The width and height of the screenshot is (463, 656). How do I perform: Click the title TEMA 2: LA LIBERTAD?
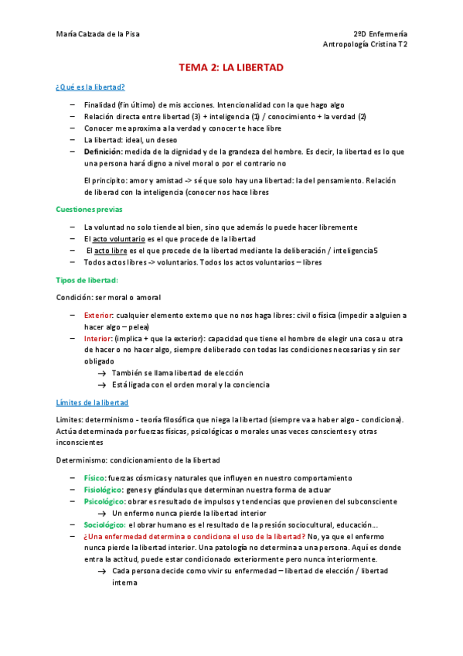pos(231,68)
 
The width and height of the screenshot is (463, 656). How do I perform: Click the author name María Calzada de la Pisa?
pos(98,34)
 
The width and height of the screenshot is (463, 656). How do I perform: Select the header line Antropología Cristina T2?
pos(366,45)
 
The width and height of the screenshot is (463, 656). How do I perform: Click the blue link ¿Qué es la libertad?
pos(91,87)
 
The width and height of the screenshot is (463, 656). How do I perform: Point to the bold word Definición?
pos(103,152)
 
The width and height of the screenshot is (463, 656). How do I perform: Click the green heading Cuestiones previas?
pos(89,210)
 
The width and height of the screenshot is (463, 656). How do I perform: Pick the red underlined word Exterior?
pos(98,316)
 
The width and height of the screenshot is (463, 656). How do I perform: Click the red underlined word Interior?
pos(97,339)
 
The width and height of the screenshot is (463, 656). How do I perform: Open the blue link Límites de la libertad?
pos(92,402)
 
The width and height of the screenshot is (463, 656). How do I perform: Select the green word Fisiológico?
pos(104,490)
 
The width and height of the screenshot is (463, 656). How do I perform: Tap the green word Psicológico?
pos(103,501)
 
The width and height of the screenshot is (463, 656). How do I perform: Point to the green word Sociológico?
pos(104,524)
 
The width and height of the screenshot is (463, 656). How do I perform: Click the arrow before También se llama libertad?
pos(101,373)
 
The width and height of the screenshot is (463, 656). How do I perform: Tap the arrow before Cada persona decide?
pos(101,571)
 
